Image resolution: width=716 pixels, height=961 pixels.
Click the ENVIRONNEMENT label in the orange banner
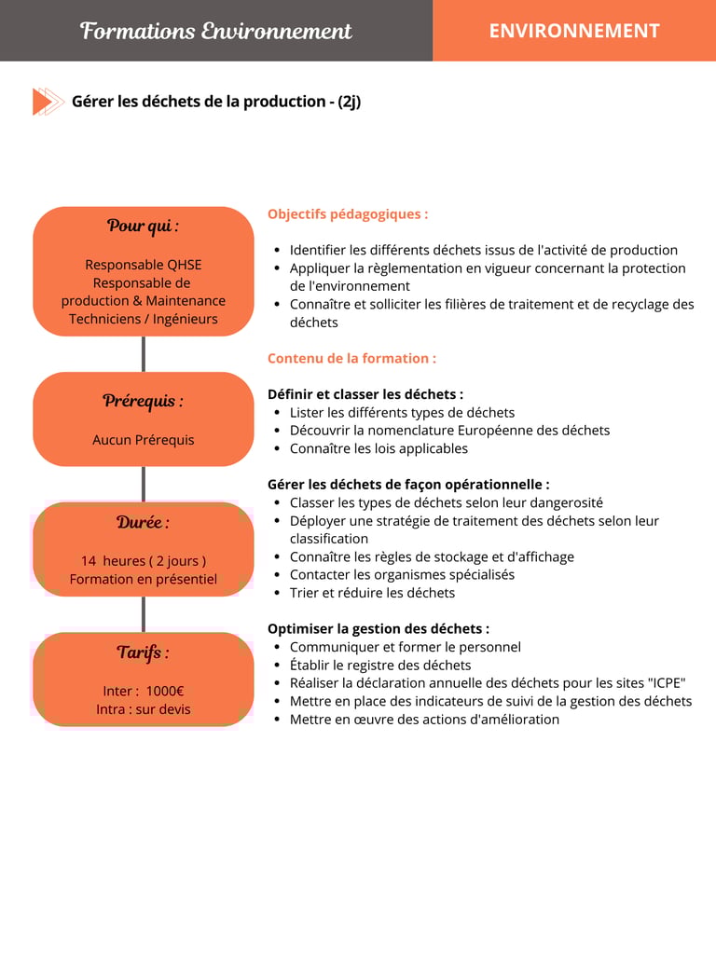click(x=573, y=31)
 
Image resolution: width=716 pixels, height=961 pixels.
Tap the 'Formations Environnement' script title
click(x=216, y=31)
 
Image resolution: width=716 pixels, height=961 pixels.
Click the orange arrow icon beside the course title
click(x=48, y=101)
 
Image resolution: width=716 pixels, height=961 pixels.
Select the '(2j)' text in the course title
click(x=349, y=101)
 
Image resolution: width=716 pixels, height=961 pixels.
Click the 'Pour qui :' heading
click(x=143, y=226)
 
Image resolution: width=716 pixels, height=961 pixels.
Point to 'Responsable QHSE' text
click(x=143, y=265)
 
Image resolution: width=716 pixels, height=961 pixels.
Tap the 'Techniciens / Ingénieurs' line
click(x=143, y=319)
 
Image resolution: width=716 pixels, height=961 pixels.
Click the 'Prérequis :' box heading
click(x=143, y=401)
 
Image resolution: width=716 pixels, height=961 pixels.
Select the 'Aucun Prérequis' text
click(x=143, y=440)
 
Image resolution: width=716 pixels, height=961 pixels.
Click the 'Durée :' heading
click(x=143, y=522)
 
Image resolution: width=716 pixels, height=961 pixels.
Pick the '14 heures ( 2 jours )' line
click(x=143, y=561)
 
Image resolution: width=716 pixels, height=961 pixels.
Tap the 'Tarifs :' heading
click(x=143, y=652)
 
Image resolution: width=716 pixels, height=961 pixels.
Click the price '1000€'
click(x=165, y=692)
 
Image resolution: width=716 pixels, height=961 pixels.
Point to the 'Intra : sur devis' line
click(x=143, y=709)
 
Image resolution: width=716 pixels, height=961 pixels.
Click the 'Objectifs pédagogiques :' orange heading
click(x=348, y=214)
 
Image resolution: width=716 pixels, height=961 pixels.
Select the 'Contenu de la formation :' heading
click(x=351, y=358)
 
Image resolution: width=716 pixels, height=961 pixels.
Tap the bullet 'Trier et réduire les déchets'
click(x=372, y=593)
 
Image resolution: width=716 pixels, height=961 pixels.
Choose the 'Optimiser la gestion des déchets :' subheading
click(x=379, y=629)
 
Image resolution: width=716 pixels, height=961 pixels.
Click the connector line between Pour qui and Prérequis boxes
click(x=143, y=354)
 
